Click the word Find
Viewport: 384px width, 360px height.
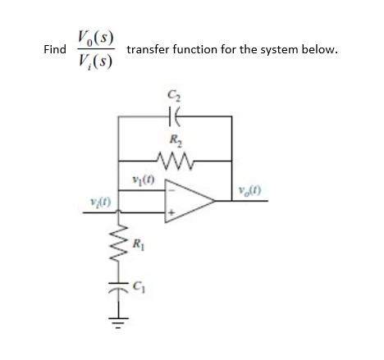coord(55,50)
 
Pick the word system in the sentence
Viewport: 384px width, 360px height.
coord(275,50)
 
